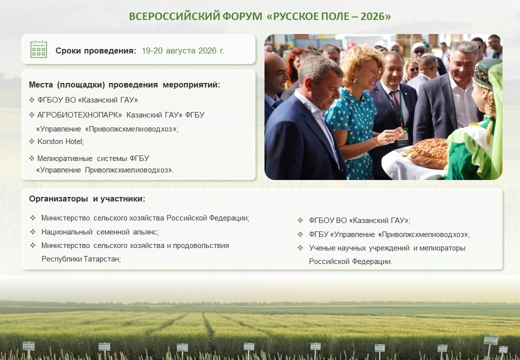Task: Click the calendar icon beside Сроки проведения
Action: (x=38, y=49)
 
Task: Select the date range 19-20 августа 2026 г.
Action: (x=182, y=50)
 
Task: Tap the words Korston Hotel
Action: (x=60, y=141)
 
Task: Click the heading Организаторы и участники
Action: (x=87, y=199)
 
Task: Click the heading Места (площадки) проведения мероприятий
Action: (x=124, y=85)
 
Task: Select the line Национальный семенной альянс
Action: (x=100, y=232)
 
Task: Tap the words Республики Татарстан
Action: (x=81, y=259)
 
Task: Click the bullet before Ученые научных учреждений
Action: (x=300, y=247)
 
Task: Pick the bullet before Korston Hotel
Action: (x=31, y=141)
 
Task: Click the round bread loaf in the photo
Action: (x=427, y=153)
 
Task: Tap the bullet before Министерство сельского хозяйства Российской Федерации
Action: (x=32, y=218)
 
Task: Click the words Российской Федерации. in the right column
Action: (x=350, y=261)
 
